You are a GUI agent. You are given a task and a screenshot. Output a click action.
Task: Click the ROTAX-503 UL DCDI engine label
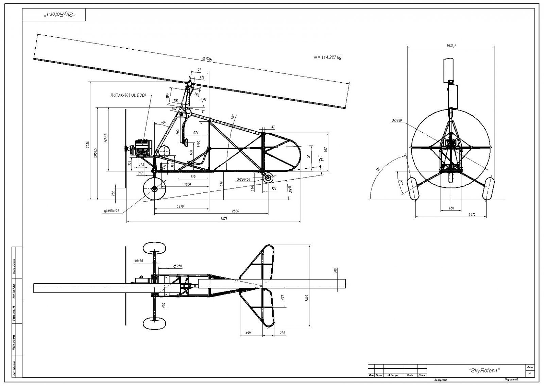point(128,96)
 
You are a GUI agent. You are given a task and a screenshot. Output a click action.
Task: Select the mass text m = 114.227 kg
point(327,57)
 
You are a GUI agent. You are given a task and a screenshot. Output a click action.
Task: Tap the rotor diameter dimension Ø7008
point(207,59)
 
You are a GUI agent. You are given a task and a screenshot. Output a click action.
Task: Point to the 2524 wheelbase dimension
point(235,211)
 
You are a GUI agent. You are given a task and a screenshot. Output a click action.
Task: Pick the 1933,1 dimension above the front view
point(451,45)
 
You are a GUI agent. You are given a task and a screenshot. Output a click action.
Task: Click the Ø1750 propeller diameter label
point(397,121)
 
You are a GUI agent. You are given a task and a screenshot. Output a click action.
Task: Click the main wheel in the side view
point(155,189)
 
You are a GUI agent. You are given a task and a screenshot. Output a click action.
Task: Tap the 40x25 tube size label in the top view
point(138,261)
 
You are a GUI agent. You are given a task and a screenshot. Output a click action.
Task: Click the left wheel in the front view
point(413,189)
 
